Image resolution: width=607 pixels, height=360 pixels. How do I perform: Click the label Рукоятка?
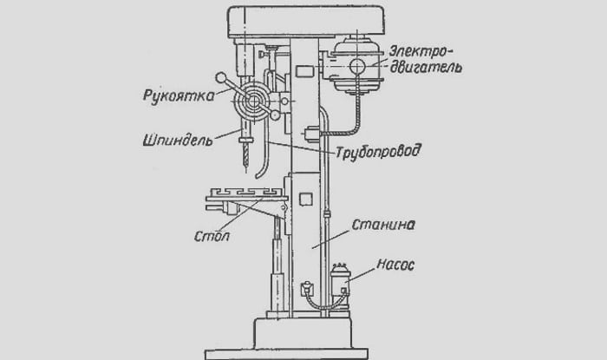pos(179,95)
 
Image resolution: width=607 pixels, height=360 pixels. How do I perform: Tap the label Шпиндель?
pos(178,140)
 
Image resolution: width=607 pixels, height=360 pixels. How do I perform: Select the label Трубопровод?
pos(378,151)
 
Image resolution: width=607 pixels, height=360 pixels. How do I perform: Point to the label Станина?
pos(383,225)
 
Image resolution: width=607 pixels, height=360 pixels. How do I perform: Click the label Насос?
pos(395,265)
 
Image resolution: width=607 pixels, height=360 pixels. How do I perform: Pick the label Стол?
pos(212,236)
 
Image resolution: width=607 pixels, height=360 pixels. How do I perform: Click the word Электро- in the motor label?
pos(421,52)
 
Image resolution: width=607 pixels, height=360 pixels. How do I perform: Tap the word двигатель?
pos(426,67)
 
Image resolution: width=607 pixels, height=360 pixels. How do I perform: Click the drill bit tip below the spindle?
pos(245,166)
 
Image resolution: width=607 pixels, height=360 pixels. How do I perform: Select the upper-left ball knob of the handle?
pos(221,78)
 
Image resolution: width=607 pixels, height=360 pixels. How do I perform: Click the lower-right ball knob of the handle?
pos(275,115)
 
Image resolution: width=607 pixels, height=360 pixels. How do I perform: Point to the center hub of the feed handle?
pos(253,101)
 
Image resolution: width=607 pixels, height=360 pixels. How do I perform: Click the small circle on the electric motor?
pos(357,66)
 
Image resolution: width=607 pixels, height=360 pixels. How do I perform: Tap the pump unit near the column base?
pos(340,285)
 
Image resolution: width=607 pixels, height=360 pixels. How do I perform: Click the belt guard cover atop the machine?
pos(306,22)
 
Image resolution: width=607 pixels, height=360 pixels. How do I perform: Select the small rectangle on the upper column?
pos(304,71)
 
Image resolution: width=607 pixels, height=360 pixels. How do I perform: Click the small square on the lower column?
pos(306,199)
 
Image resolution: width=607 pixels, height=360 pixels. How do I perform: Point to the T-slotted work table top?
pos(246,194)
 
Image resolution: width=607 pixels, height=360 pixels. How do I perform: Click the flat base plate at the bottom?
pos(286,354)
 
